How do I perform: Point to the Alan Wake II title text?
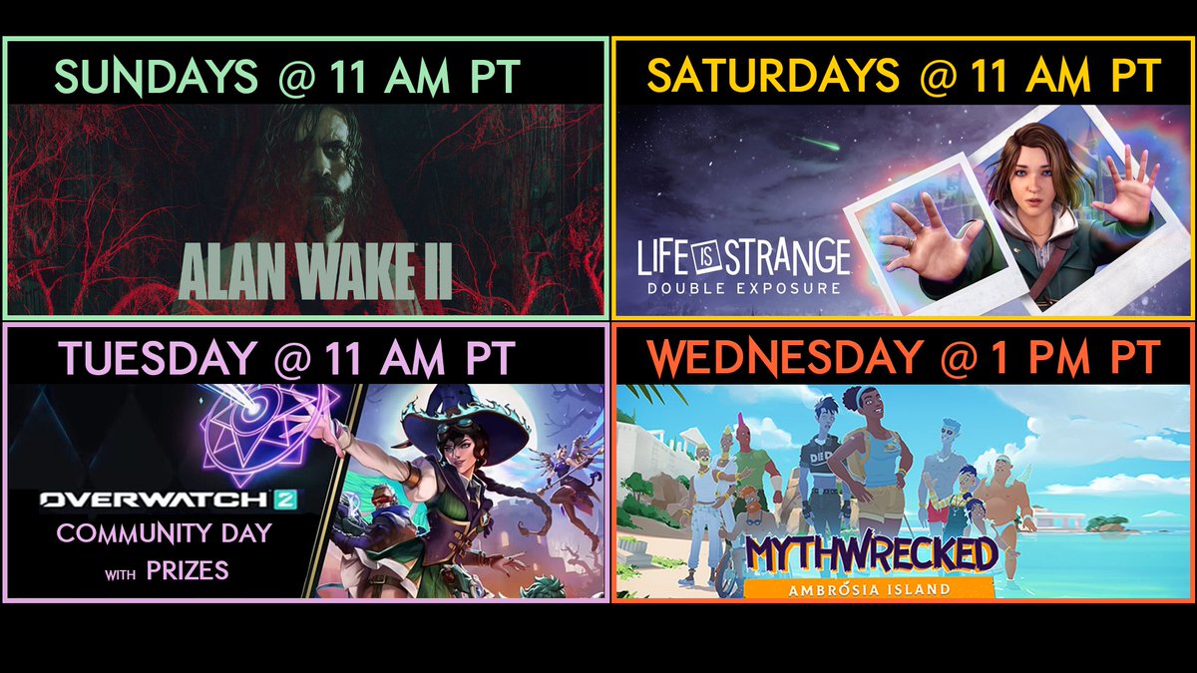315,268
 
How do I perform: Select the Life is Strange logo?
744,258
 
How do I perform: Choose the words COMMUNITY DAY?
164,533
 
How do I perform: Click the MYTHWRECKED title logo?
870,554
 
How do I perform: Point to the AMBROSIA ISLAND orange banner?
870,587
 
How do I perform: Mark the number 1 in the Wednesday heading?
993,357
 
